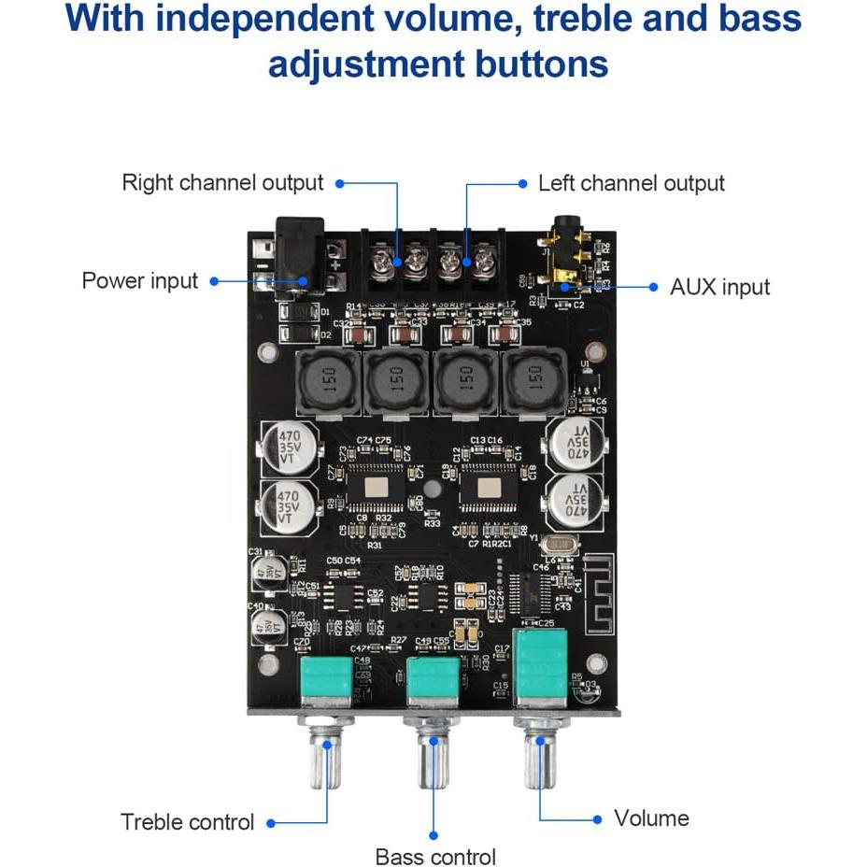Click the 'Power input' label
click(140, 280)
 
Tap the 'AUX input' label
click(719, 286)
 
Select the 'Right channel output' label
click(222, 183)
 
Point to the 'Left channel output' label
click(631, 183)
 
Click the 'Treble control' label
click(187, 822)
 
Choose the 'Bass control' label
click(435, 856)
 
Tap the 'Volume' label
click(651, 818)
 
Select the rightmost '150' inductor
click(534, 380)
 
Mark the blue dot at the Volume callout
click(598, 819)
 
